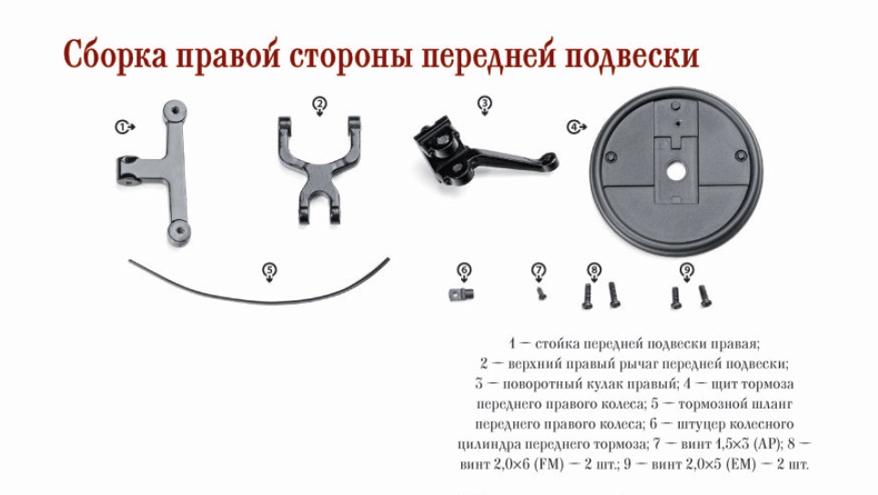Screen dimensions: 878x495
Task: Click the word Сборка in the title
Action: coord(116,56)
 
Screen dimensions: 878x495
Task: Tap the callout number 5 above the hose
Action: coord(270,271)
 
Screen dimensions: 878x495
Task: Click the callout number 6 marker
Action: coord(464,271)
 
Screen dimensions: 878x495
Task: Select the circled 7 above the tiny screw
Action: coord(538,271)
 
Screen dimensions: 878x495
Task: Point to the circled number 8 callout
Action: coord(594,271)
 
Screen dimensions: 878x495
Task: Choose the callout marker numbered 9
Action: coord(687,271)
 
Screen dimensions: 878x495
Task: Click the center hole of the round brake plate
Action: coord(676,172)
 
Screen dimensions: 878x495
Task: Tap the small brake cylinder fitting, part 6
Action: coord(461,293)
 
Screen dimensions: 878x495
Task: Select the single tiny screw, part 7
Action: coord(541,293)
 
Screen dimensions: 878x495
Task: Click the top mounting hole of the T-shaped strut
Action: coord(176,110)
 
